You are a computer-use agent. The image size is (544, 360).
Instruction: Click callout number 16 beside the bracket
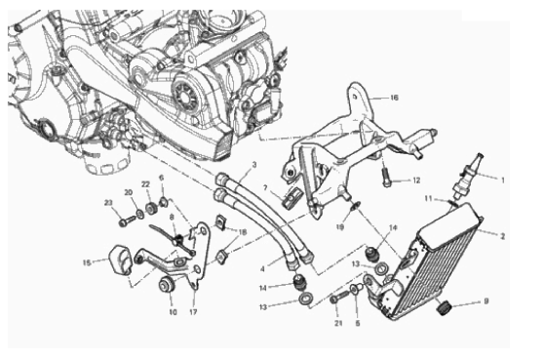pos(394,98)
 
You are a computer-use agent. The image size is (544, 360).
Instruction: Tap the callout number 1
pos(503,180)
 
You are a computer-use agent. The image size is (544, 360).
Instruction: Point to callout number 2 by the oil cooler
pos(503,236)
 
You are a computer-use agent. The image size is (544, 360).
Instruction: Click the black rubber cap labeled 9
pos(444,308)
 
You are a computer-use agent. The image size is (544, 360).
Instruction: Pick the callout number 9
pos(486,301)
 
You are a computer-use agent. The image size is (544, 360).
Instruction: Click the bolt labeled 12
pos(386,177)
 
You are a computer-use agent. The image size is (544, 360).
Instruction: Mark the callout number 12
pos(416,180)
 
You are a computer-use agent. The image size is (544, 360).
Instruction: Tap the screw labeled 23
pos(127,220)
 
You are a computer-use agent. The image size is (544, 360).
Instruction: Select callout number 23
pos(109,203)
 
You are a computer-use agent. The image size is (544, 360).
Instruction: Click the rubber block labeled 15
pos(120,260)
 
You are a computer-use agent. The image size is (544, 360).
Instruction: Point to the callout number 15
pos(87,262)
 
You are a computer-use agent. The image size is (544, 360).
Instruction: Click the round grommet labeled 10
pos(168,285)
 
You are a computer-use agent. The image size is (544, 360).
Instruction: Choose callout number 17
pos(193,312)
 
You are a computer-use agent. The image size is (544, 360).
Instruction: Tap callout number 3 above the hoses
pos(253,165)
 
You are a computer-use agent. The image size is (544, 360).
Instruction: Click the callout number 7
pos(265,188)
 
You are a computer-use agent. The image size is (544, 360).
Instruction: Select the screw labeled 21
pos(340,298)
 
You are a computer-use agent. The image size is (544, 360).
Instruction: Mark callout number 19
pos(340,227)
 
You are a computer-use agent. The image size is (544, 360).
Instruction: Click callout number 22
pos(145,184)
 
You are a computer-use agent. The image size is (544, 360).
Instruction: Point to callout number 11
pos(429,199)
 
